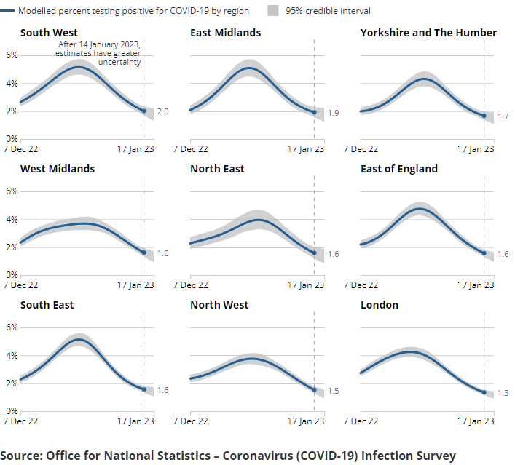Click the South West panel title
[x=49, y=33]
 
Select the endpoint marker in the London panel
[x=484, y=392]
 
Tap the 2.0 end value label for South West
[x=162, y=111]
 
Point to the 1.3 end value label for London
[x=503, y=393]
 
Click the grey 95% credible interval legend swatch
[x=273, y=11]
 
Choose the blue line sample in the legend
[x=8, y=11]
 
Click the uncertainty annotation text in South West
[x=100, y=53]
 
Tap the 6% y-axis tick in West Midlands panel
[x=12, y=191]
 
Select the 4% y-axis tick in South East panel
[x=12, y=355]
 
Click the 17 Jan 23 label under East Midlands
[x=306, y=148]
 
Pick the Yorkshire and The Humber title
[x=428, y=33]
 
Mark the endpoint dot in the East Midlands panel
[x=314, y=112]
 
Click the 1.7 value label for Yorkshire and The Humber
[x=503, y=116]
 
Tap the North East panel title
[x=217, y=169]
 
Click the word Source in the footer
[x=20, y=456]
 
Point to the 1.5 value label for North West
[x=332, y=391]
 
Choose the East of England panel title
[x=399, y=169]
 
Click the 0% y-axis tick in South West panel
[x=12, y=138]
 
